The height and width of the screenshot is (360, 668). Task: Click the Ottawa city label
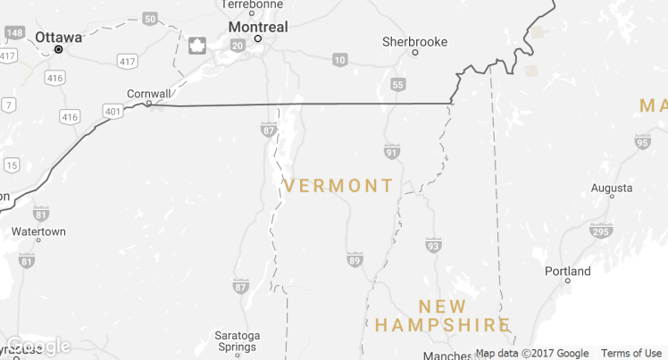point(59,38)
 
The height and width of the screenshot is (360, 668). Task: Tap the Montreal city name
point(257,27)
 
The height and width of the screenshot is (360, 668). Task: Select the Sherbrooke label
point(414,41)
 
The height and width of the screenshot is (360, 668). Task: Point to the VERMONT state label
point(338,186)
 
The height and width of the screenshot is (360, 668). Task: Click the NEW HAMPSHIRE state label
point(442,315)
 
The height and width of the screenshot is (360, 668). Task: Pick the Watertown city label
point(38,231)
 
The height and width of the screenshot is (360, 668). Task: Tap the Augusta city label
point(612,189)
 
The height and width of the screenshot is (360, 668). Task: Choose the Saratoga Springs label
point(237,341)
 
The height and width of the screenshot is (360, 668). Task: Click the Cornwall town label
point(148,92)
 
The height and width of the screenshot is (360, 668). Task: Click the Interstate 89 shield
point(355,260)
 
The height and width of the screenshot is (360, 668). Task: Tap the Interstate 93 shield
point(433,245)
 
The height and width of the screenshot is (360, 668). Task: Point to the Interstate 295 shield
point(600,231)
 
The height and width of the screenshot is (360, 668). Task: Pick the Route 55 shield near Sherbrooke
point(398,84)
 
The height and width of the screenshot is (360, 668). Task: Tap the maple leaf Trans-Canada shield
point(196,46)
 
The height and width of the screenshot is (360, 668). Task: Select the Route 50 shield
point(150,18)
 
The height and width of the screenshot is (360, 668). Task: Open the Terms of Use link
point(630,353)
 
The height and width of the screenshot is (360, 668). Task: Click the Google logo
point(36,346)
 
